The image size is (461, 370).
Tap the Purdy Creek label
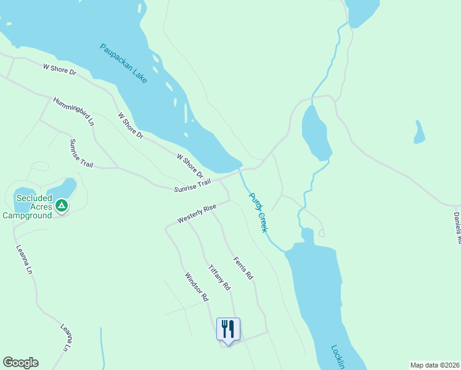click(258, 212)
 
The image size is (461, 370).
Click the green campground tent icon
click(61, 205)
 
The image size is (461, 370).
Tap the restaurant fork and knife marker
click(228, 329)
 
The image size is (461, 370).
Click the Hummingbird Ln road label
click(73, 112)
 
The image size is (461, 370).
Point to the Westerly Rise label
click(197, 214)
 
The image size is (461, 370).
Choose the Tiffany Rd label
click(219, 277)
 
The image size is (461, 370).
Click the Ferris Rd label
click(243, 269)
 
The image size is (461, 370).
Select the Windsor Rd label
click(197, 287)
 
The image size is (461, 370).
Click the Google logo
click(20, 363)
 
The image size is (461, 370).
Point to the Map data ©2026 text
click(435, 365)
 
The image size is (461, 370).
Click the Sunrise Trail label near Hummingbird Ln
click(81, 154)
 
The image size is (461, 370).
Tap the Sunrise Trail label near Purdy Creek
click(192, 184)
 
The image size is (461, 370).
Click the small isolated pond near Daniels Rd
click(419, 132)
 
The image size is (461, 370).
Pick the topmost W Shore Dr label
click(59, 69)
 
